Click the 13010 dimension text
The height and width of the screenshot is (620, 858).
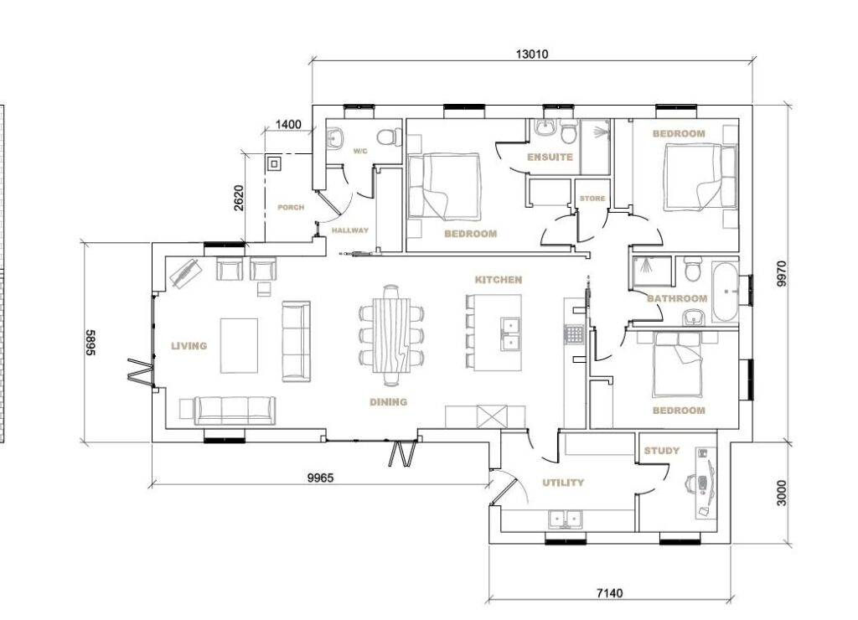click(532, 54)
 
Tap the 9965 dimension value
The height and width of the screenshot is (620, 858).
click(320, 478)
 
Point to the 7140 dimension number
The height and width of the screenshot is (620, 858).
click(609, 592)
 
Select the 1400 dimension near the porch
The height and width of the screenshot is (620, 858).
click(288, 124)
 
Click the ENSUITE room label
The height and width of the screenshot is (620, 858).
click(550, 157)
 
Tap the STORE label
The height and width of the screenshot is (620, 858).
click(592, 198)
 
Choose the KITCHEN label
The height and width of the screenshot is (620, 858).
click(498, 280)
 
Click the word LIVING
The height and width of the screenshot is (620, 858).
click(189, 346)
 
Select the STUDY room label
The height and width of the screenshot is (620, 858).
click(662, 451)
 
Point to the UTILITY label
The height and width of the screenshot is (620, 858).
click(563, 483)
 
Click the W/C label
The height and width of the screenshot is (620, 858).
click(360, 151)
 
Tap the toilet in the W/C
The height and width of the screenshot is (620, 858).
click(389, 137)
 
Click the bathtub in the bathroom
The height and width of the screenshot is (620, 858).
click(725, 292)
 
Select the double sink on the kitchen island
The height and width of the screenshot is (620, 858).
click(510, 334)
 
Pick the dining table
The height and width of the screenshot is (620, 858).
click(390, 335)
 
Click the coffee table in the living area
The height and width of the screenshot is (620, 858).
click(239, 346)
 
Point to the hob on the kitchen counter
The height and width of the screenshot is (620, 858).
click(574, 333)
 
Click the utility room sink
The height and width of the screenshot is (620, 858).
click(566, 519)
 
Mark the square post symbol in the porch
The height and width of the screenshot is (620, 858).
click(274, 163)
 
